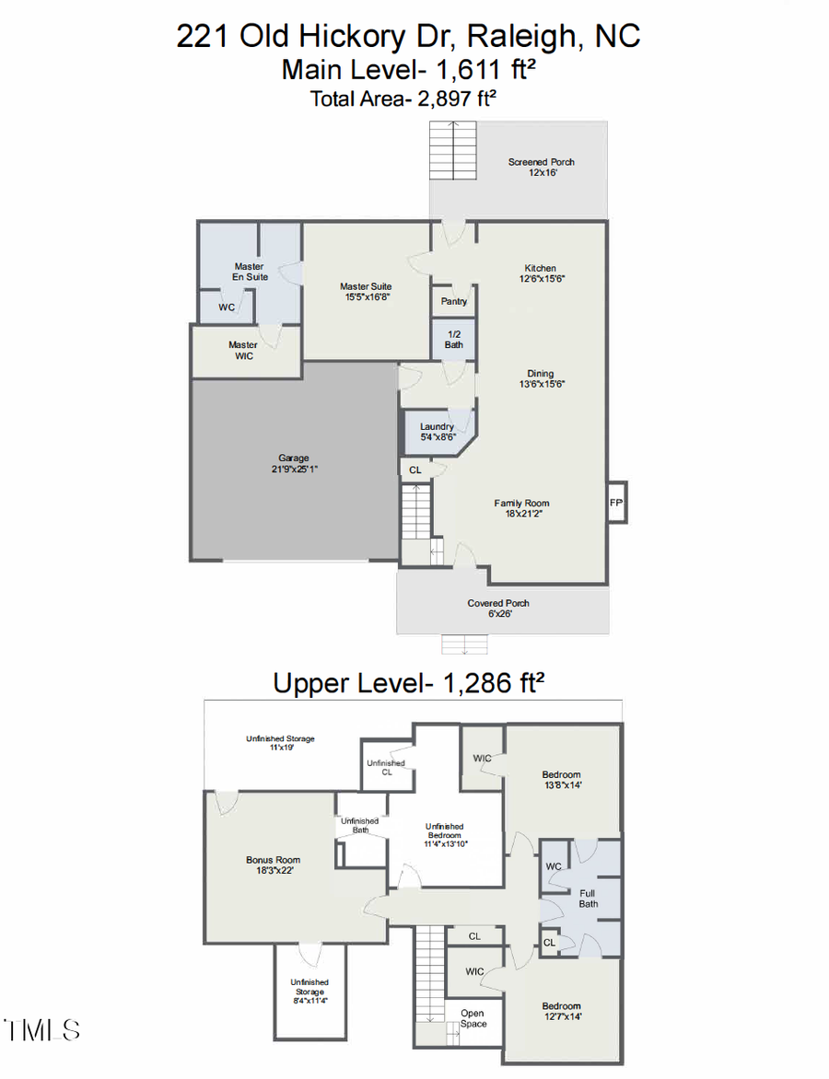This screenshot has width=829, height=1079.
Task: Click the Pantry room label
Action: pos(454,301)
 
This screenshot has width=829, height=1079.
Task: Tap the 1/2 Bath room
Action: pos(454,339)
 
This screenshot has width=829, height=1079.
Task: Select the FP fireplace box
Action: pos(616,503)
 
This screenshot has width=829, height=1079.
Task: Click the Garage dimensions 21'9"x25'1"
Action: pos(294,469)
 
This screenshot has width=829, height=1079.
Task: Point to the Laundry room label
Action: pos(437,427)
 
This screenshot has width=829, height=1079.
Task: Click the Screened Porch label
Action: pos(541,162)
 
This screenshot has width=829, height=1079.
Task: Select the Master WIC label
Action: pos(243,351)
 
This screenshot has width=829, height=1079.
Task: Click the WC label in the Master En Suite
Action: pos(227,307)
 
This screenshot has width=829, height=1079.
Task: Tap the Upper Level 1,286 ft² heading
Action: pos(409,683)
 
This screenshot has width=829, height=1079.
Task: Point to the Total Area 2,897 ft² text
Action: pos(409,99)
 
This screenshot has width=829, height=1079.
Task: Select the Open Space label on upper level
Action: pos(473,1018)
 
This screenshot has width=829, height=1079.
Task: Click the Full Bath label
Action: pos(589,898)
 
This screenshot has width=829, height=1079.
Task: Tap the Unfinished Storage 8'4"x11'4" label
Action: pos(309,987)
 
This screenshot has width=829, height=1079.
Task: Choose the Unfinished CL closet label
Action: pos(385,768)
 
